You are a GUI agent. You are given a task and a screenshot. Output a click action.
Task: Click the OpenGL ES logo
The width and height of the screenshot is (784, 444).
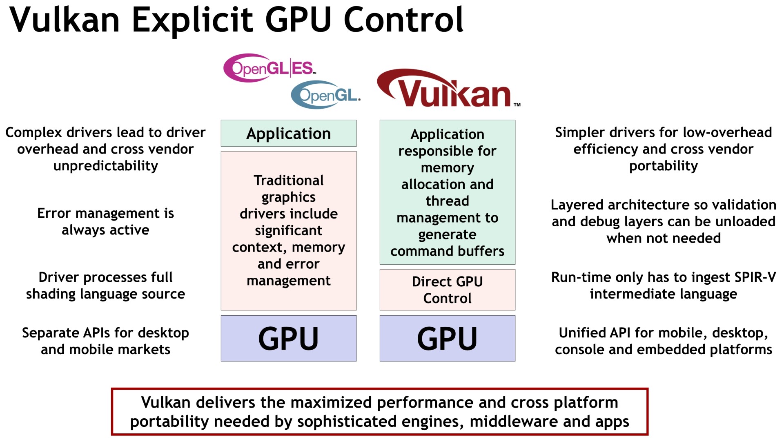coord(269,68)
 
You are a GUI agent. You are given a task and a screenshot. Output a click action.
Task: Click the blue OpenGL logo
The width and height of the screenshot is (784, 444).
coord(325,95)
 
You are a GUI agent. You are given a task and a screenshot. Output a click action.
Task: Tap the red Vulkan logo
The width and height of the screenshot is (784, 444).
coord(448,88)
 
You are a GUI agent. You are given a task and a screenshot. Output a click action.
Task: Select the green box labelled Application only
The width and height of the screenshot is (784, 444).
coord(289,133)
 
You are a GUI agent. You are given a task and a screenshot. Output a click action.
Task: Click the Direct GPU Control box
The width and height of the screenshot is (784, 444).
coord(448,290)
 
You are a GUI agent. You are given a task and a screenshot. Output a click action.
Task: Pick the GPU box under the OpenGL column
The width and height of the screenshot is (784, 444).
coord(289,338)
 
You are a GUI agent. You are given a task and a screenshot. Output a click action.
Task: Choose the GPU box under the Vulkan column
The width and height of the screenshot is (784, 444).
coord(448,338)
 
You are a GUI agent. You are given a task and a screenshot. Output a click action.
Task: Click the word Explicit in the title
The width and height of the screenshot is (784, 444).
coord(193,20)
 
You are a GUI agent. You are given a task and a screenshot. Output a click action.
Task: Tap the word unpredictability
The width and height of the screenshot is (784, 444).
coord(106,166)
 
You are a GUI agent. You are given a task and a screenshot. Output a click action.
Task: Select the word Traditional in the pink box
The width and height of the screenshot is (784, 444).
coord(289,180)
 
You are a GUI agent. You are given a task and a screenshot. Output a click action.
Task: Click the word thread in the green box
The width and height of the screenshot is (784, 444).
coord(448,201)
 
